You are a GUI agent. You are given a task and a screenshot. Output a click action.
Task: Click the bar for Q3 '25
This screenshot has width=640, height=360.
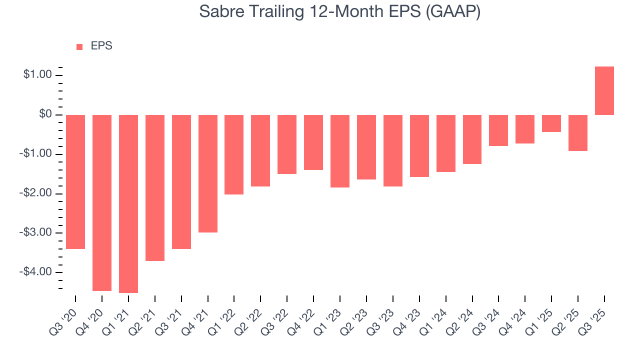604,90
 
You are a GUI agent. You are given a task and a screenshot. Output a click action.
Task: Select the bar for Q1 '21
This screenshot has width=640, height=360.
128,203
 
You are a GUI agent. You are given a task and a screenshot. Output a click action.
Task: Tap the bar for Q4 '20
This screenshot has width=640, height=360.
102,202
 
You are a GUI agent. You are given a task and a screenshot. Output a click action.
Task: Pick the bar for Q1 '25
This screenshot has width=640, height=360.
551,123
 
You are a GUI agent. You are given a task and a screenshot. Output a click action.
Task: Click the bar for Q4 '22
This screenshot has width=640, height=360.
313,142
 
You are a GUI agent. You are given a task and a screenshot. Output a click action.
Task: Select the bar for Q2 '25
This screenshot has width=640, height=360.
577,133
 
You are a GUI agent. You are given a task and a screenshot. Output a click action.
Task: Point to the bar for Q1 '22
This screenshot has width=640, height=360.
234,154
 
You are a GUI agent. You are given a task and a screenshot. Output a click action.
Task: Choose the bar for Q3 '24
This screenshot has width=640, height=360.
498,130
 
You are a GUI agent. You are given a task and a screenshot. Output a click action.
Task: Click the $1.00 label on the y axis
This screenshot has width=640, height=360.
37,75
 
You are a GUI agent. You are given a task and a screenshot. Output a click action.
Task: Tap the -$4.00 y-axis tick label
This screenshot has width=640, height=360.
36,272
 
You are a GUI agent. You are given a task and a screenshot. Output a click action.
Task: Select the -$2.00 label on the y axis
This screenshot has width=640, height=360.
36,193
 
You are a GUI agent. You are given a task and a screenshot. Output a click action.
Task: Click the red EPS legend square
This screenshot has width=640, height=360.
79,46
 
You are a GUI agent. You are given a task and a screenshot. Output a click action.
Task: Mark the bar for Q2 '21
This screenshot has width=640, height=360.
155,187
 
